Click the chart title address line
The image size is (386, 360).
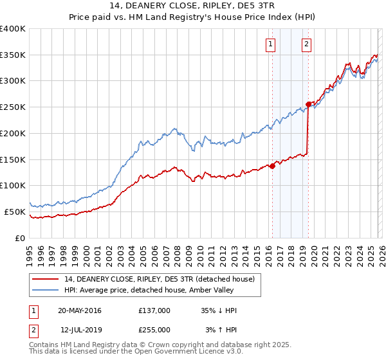(x=193, y=6)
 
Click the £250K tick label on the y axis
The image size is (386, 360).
(x=13, y=107)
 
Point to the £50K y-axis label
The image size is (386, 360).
(x=15, y=212)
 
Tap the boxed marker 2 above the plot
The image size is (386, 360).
(x=306, y=44)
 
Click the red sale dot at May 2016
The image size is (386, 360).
(x=272, y=166)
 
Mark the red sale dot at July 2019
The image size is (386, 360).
(x=308, y=104)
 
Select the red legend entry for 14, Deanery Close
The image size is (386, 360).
(x=160, y=279)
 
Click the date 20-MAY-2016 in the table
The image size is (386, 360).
(x=80, y=310)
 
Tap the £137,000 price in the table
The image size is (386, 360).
(x=154, y=310)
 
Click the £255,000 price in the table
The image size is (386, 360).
(x=154, y=329)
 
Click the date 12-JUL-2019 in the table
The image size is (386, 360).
(x=80, y=329)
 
